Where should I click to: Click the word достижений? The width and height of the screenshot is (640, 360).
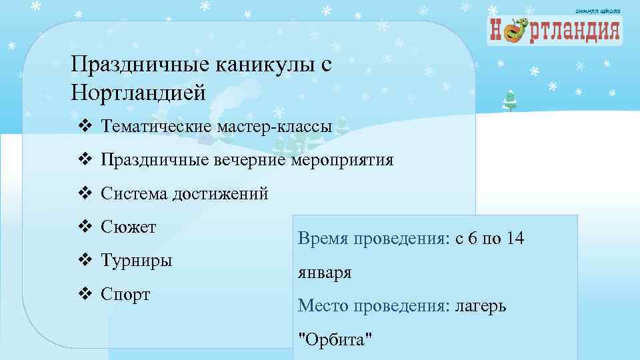[221, 194]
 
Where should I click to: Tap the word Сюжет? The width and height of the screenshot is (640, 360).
[129, 227]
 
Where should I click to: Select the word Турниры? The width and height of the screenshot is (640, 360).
[137, 260]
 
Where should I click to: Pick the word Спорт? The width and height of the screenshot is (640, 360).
[126, 293]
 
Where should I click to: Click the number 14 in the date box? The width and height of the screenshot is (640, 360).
[515, 238]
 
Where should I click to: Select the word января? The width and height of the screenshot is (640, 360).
[325, 273]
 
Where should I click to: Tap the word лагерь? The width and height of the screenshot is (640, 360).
[481, 306]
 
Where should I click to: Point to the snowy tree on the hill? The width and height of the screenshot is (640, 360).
[510, 100]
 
